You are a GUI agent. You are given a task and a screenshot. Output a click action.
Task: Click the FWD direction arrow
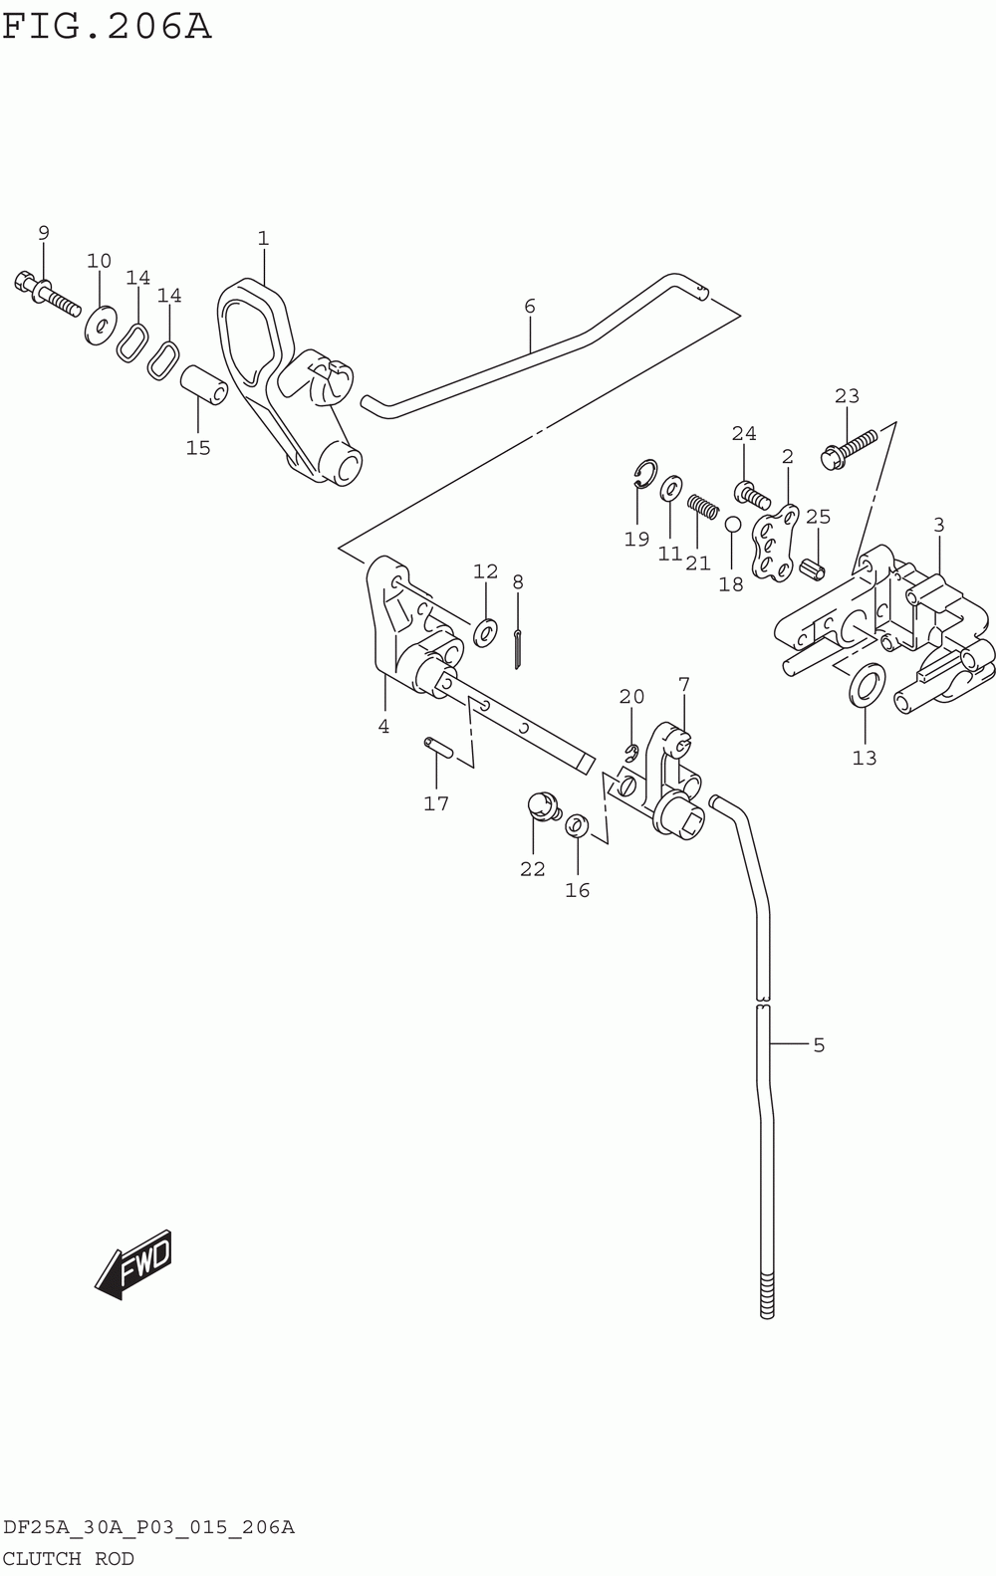(133, 1264)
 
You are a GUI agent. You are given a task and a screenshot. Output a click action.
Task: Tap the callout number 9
(44, 232)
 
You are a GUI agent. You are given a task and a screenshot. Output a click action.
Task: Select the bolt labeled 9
(47, 297)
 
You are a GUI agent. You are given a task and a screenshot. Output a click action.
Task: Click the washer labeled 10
(101, 325)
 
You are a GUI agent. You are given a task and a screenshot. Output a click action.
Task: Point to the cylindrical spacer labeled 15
(204, 385)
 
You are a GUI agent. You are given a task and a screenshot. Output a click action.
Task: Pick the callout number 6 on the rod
(530, 306)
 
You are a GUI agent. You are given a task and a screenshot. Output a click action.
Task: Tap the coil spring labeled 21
(702, 506)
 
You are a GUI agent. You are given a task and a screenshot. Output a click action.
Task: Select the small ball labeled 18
(732, 524)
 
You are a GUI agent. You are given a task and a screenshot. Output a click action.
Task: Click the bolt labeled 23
(850, 450)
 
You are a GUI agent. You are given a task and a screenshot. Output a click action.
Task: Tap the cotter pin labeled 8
(517, 649)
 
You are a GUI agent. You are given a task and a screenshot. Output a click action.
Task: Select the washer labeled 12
(485, 632)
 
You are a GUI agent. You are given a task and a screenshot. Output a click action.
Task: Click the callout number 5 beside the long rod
(819, 1044)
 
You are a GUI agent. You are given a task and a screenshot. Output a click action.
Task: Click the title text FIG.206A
(107, 28)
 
